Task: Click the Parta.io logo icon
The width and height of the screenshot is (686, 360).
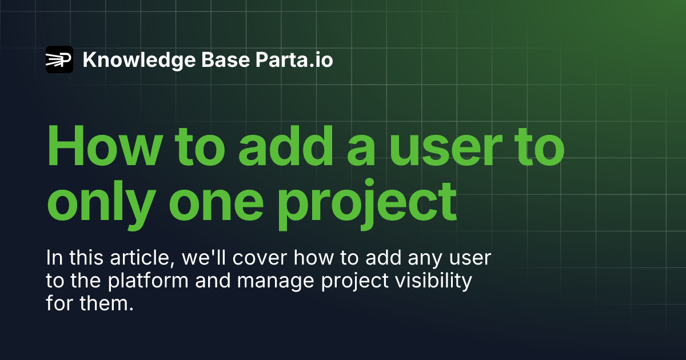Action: click(x=59, y=59)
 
